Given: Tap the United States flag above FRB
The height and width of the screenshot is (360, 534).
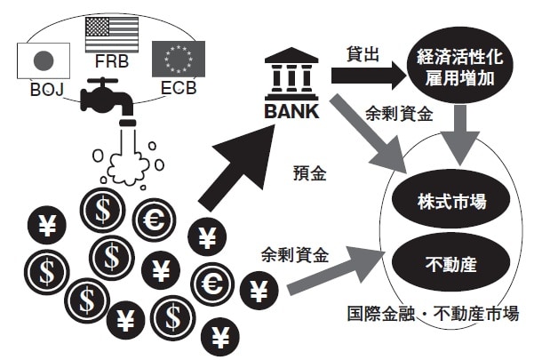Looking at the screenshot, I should [x=111, y=36].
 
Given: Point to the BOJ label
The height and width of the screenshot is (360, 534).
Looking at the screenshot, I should [x=44, y=89].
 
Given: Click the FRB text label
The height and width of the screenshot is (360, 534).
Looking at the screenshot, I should [x=111, y=66].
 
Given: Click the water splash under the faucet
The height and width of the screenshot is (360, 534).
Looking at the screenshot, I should [x=131, y=160].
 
